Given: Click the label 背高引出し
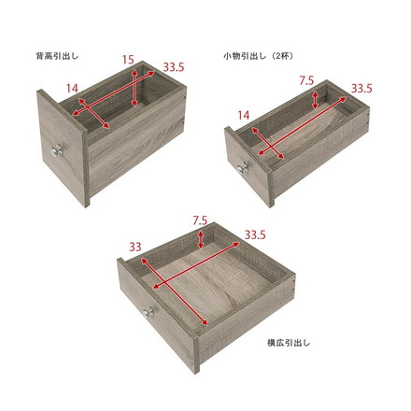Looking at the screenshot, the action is [x=57, y=56].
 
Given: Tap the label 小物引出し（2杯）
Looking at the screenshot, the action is [x=259, y=56].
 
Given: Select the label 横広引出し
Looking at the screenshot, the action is [x=289, y=343].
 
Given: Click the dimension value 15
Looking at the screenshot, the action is [x=128, y=60].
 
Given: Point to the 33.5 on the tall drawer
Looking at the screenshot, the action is [x=174, y=67].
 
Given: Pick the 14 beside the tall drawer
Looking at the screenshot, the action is [x=72, y=89].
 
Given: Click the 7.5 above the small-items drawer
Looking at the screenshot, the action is [x=306, y=81].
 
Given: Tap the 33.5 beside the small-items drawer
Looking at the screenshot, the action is [x=361, y=89].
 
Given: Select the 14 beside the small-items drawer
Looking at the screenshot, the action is [x=244, y=116].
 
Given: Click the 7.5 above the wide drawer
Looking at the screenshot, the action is [x=200, y=220].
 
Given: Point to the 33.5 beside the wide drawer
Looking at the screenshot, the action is [x=255, y=234].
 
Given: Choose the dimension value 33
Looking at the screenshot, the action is [x=135, y=248].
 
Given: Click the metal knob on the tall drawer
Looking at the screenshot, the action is [x=57, y=150].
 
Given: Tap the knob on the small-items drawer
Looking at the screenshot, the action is [x=242, y=168].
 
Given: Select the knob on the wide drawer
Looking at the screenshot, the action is [x=149, y=312].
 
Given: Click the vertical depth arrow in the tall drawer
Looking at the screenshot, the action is [x=135, y=89].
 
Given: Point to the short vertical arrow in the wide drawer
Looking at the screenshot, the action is [x=201, y=239].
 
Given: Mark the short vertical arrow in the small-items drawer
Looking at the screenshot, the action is [x=316, y=100].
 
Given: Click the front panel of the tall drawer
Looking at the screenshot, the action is [x=63, y=147].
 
